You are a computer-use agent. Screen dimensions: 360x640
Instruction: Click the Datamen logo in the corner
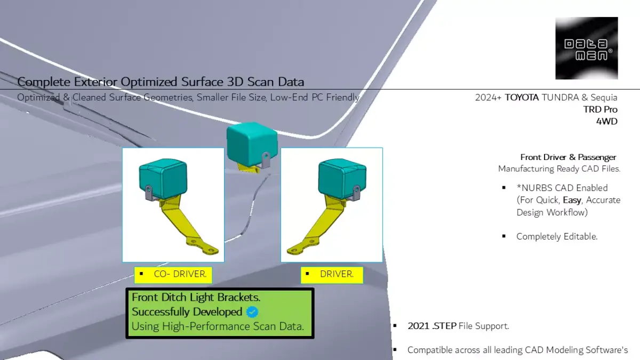click(586, 48)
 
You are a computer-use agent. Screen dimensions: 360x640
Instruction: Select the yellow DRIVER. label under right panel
click(332, 275)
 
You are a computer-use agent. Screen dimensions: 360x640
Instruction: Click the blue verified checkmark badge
click(253, 312)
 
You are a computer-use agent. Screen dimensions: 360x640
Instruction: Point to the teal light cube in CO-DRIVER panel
click(163, 179)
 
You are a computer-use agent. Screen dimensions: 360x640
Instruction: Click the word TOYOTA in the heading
click(522, 98)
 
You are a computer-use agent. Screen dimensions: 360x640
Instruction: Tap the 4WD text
click(606, 121)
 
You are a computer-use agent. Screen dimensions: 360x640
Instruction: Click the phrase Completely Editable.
click(557, 236)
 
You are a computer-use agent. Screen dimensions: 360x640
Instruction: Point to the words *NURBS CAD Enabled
click(562, 188)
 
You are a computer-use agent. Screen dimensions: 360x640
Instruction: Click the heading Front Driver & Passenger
click(568, 157)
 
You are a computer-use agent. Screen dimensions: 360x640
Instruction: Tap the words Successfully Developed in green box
click(187, 312)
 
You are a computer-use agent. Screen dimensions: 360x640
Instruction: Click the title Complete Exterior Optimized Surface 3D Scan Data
click(161, 82)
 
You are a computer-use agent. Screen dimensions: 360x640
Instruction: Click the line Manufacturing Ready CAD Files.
click(559, 169)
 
